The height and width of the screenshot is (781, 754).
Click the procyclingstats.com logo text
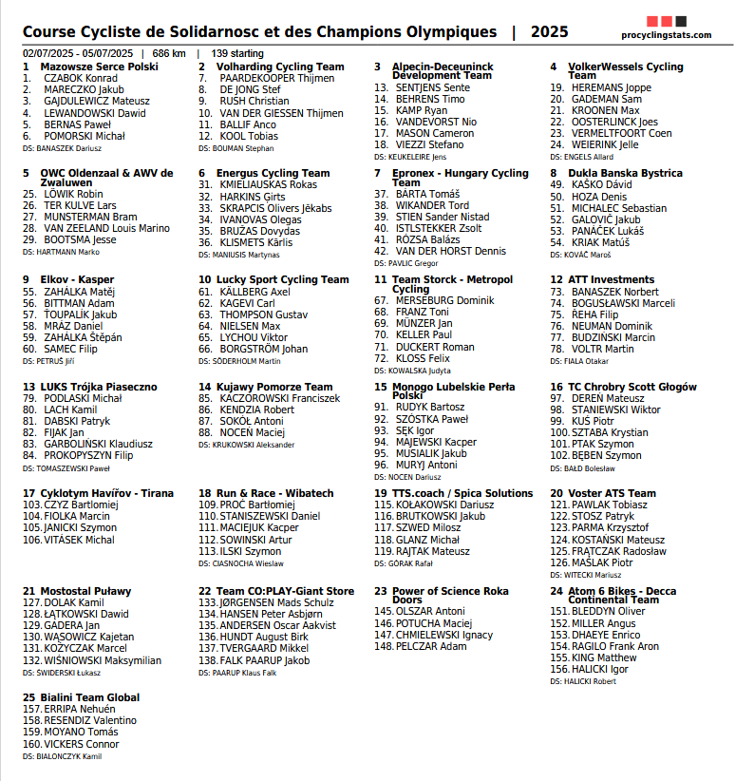click(x=666, y=35)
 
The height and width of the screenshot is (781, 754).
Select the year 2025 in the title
click(x=550, y=32)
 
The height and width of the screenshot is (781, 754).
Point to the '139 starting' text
click(x=237, y=53)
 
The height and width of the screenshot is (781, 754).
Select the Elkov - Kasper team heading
click(x=77, y=280)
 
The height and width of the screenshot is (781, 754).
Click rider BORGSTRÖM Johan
click(x=263, y=349)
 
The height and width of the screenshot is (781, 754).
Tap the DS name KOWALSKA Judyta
click(x=422, y=371)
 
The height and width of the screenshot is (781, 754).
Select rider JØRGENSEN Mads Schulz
click(x=276, y=602)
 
